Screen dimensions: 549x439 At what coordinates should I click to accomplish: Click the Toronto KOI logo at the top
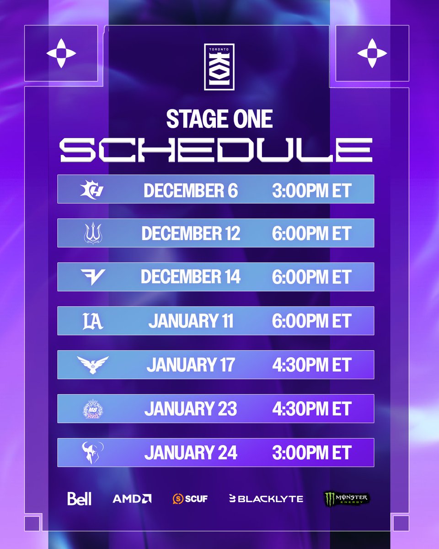(x=219, y=67)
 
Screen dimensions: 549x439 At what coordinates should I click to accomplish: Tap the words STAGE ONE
(x=219, y=119)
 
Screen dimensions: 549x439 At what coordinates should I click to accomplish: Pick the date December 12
(x=191, y=234)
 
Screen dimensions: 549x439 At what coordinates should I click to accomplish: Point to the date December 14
(x=191, y=277)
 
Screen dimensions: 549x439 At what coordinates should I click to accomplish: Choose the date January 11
(x=191, y=321)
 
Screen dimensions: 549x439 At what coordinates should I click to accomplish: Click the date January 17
(x=191, y=365)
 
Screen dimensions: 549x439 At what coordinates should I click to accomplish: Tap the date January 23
(x=191, y=409)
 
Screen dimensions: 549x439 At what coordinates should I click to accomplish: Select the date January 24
(x=191, y=453)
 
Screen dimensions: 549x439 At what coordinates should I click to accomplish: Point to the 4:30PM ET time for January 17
(x=311, y=365)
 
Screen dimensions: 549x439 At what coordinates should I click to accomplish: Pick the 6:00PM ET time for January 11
(x=311, y=321)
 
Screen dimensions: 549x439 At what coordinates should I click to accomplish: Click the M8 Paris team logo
(x=93, y=409)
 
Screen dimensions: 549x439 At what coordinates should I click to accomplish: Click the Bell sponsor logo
(x=80, y=498)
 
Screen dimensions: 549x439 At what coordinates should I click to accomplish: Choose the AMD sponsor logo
(x=132, y=498)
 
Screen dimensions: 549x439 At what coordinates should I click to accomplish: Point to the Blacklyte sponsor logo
(x=266, y=499)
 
